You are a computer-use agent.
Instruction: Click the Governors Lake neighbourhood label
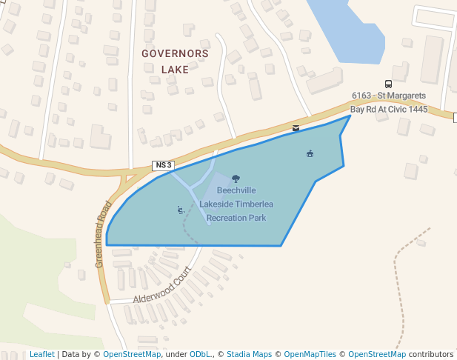pos(175,61)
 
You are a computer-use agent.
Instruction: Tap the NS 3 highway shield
pos(163,165)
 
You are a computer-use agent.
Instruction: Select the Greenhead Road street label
pos(102,235)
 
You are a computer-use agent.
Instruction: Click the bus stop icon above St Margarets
pos(388,84)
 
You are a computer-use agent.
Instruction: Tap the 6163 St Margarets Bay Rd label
pos(389,102)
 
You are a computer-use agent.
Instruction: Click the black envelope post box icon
pos(296,128)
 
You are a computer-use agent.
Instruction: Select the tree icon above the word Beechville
pos(236,179)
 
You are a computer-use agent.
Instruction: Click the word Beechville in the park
pos(236,191)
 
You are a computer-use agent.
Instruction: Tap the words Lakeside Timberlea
pos(236,204)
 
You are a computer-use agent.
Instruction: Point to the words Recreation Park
pos(236,218)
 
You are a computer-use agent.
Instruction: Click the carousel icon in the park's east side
pos(310,153)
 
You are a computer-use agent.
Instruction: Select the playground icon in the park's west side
pos(180,210)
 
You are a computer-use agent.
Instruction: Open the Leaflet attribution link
pos(41,354)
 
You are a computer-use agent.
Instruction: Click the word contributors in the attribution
pos(431,354)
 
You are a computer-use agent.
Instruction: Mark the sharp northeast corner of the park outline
pos(350,116)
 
